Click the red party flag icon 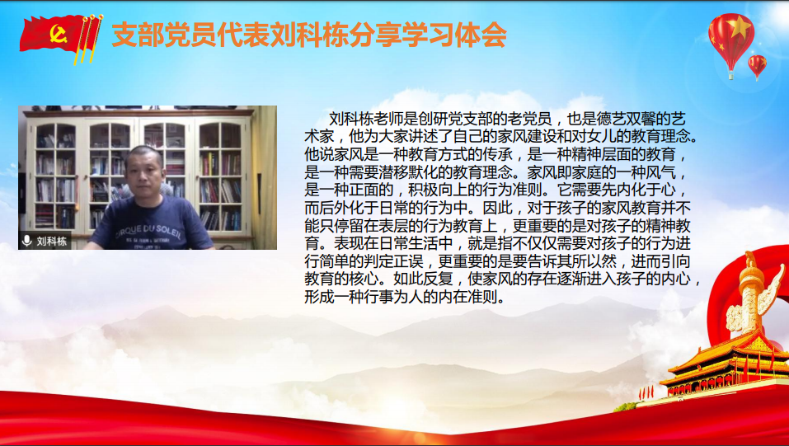pyautogui.click(x=61, y=37)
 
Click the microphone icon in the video pyautogui.click(x=27, y=241)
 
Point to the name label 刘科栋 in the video pyautogui.click(x=52, y=241)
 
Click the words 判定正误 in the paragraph pyautogui.click(x=393, y=261)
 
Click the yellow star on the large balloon pyautogui.click(x=739, y=27)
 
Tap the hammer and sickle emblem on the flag pyautogui.click(x=59, y=35)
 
